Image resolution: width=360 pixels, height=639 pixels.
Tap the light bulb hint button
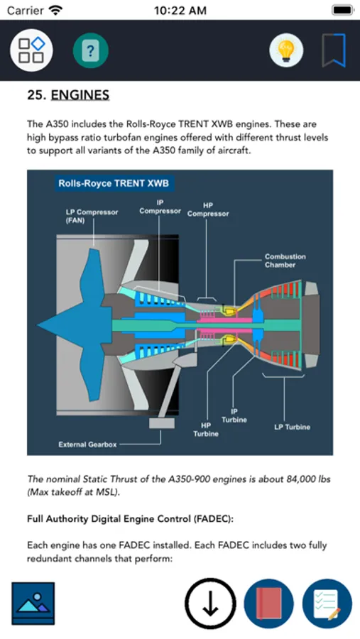pyautogui.click(x=286, y=50)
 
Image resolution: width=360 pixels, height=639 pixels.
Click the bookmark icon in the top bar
pyautogui.click(x=334, y=50)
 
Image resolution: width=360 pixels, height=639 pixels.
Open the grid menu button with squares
pyautogui.click(x=31, y=50)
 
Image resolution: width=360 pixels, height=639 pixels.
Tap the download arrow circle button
pyautogui.click(x=210, y=603)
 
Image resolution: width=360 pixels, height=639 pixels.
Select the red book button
pyautogui.click(x=268, y=603)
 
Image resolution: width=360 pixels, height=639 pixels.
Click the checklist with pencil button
pyautogui.click(x=327, y=603)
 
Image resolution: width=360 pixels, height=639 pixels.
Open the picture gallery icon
pyautogui.click(x=33, y=603)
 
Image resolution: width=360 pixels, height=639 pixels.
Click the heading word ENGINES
pyautogui.click(x=80, y=95)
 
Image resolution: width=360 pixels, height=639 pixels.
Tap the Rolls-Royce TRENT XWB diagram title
pyautogui.click(x=114, y=183)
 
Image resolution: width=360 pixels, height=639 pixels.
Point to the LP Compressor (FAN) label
pyautogui.click(x=92, y=217)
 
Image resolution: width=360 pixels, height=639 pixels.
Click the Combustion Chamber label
pyautogui.click(x=285, y=261)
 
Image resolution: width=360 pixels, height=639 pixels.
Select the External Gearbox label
pyautogui.click(x=87, y=444)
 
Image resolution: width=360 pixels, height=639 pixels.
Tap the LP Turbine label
pyautogui.click(x=292, y=427)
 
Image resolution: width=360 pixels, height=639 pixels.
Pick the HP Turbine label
pyautogui.click(x=206, y=430)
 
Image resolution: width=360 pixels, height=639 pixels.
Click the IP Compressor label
pyautogui.click(x=160, y=207)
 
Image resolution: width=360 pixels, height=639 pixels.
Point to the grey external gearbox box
pyautogui.click(x=161, y=423)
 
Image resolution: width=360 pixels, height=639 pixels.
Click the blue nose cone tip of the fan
pyautogui.click(x=38, y=325)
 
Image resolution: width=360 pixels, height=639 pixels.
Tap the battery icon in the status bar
pyautogui.click(x=342, y=10)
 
